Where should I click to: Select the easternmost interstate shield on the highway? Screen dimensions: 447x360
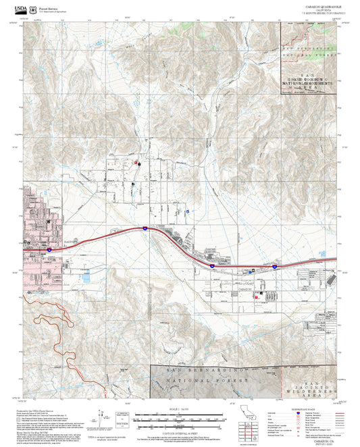tap(275, 267)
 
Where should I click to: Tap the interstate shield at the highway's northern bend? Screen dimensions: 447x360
tap(144, 229)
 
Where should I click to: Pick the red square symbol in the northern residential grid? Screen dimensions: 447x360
tap(138, 163)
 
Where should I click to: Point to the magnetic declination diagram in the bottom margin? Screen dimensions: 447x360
tap(103, 415)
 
